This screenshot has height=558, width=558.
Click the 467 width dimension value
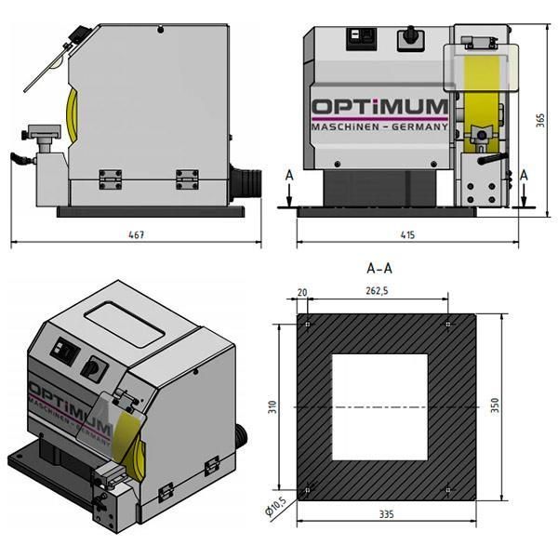tap(136, 234)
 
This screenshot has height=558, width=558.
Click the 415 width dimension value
tap(406, 234)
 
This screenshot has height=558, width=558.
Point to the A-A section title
tap(379, 268)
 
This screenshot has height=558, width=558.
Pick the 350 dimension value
tap(496, 405)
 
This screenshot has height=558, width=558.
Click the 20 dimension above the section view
tap(302, 292)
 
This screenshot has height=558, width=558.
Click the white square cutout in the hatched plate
tap(379, 406)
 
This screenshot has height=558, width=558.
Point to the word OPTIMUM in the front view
tap(379, 108)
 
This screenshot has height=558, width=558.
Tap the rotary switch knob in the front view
tap(405, 39)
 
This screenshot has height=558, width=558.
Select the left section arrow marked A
tap(290, 190)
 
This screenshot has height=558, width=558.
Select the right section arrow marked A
tap(525, 190)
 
